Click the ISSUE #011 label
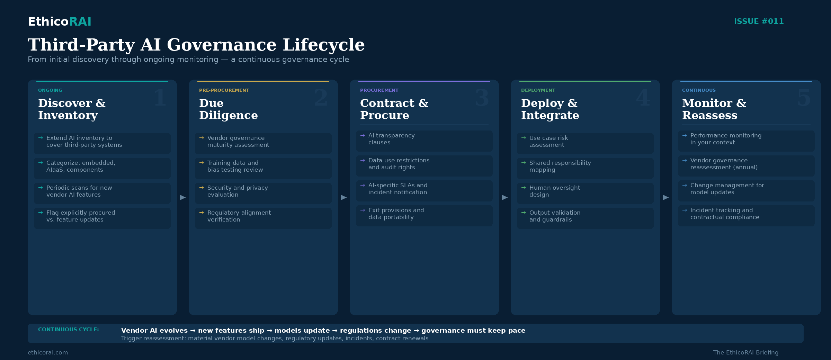tap(759, 21)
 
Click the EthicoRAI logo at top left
tap(60, 21)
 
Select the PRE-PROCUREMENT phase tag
tap(224, 90)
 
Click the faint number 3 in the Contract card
tap(482, 98)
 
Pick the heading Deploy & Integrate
tap(550, 109)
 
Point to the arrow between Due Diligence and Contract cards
tap(343, 197)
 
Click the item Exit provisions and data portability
tap(396, 214)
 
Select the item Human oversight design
tap(554, 191)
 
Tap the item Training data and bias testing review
tap(235, 166)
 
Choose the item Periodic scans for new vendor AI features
tap(79, 191)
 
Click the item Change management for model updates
tap(727, 189)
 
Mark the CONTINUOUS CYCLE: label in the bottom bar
tap(69, 330)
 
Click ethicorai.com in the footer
tap(48, 352)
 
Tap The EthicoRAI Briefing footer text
tap(745, 352)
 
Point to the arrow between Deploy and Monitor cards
tap(665, 197)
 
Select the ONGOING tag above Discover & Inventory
tap(50, 90)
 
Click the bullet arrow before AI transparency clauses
tap(363, 135)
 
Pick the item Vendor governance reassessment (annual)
tap(724, 164)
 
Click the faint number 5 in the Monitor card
tap(804, 98)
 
